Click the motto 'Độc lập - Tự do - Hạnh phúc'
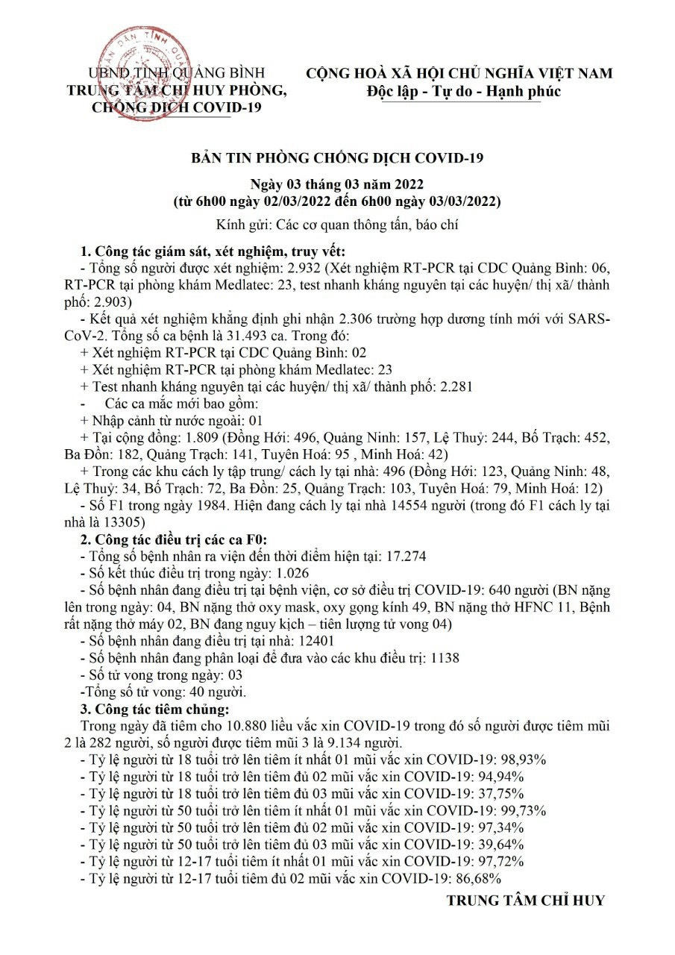tap(463, 91)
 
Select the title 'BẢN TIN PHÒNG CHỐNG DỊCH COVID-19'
tap(338, 158)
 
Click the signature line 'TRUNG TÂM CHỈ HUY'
tap(525, 901)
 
